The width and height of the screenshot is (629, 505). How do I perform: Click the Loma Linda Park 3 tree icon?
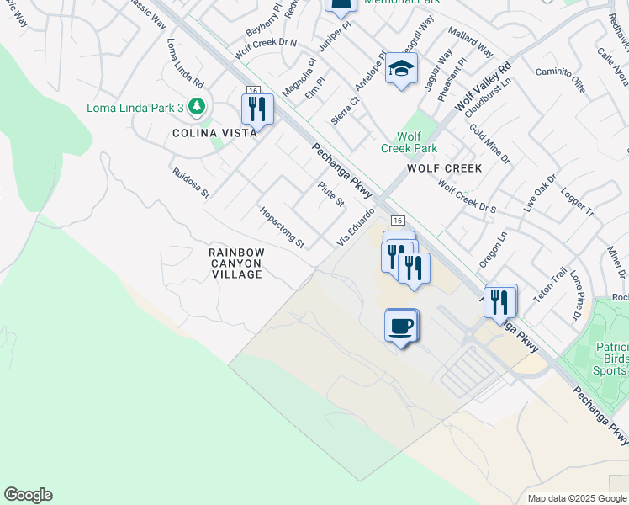tap(197, 107)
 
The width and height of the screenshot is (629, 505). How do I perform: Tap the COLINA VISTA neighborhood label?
tap(214, 133)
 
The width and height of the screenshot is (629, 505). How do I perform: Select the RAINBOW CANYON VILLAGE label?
tap(237, 263)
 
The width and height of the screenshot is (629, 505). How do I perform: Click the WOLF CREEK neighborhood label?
tap(445, 168)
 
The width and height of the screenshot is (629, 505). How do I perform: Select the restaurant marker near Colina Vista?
tap(257, 109)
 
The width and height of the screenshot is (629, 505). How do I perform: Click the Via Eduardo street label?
tap(355, 228)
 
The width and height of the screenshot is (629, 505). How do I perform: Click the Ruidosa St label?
tap(190, 182)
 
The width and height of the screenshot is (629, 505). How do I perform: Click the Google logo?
tap(28, 495)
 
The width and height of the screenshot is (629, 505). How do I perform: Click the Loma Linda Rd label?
tap(185, 63)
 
